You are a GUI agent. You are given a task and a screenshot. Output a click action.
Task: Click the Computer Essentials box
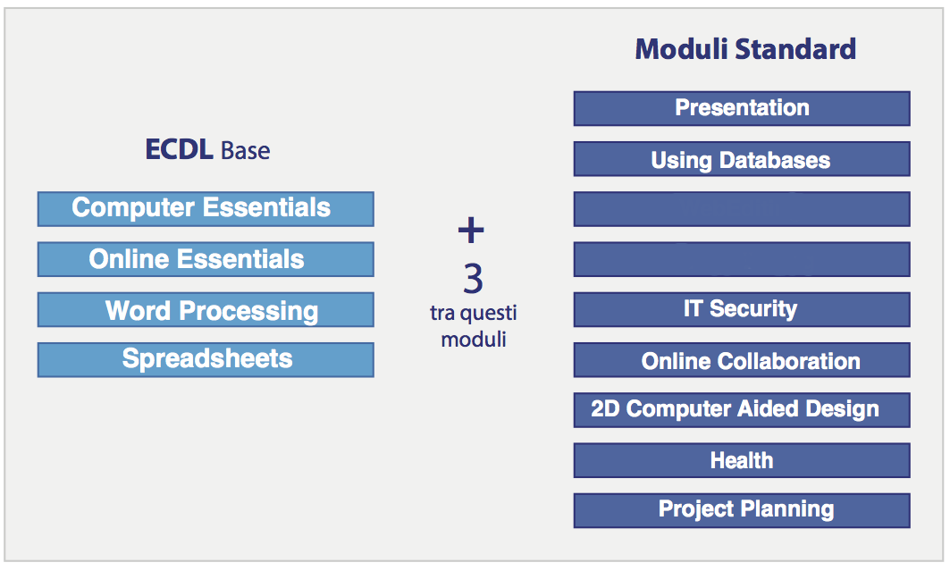206,209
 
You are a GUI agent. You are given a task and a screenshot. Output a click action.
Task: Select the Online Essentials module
206,259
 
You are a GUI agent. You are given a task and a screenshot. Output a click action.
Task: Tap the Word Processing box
206,309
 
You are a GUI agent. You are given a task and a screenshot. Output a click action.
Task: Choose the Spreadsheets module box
206,360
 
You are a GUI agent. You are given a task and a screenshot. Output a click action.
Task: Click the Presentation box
742,108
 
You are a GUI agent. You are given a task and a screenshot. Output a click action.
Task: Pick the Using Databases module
742,159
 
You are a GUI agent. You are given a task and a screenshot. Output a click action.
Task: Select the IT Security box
742,309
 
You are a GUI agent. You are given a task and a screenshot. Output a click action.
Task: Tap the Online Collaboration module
742,360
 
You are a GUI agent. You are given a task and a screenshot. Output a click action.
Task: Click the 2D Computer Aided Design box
742,410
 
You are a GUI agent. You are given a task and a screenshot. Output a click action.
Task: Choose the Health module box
742,460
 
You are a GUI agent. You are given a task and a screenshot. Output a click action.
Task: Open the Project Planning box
742,510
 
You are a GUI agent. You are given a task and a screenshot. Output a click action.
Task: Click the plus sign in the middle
471,230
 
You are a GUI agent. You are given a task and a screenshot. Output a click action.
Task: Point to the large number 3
473,279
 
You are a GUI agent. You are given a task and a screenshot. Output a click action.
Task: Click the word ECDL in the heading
179,149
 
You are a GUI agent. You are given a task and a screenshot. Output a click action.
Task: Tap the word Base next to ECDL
246,151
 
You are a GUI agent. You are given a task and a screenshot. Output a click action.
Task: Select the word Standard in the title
795,49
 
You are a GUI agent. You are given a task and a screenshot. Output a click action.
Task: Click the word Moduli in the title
681,49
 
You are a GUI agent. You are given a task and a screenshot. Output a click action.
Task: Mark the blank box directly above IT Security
742,259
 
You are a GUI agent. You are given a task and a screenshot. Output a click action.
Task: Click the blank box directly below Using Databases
742,209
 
